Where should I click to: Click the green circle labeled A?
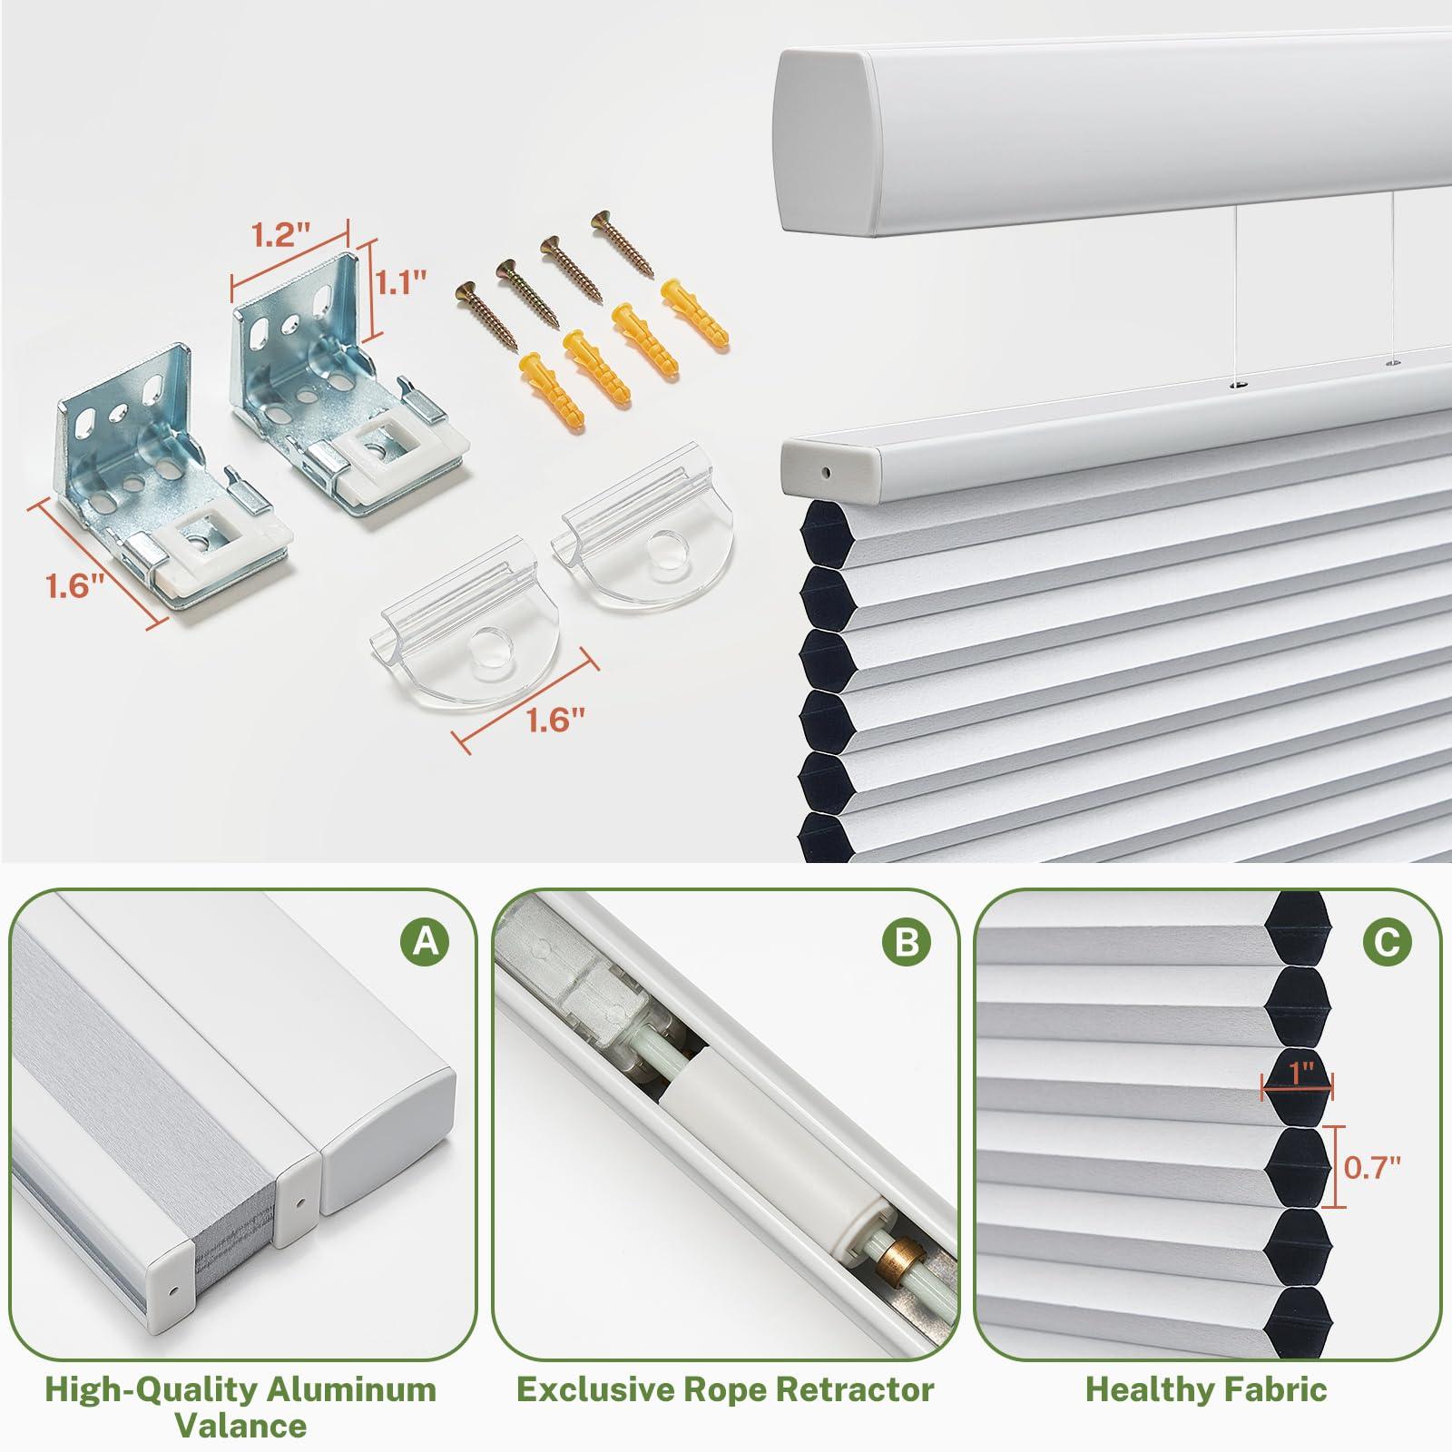click(x=426, y=944)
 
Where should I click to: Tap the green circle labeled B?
click(x=907, y=944)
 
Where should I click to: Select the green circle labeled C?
click(x=1388, y=944)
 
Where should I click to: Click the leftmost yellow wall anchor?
click(x=529, y=381)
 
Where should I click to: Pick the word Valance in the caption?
click(x=240, y=1426)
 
